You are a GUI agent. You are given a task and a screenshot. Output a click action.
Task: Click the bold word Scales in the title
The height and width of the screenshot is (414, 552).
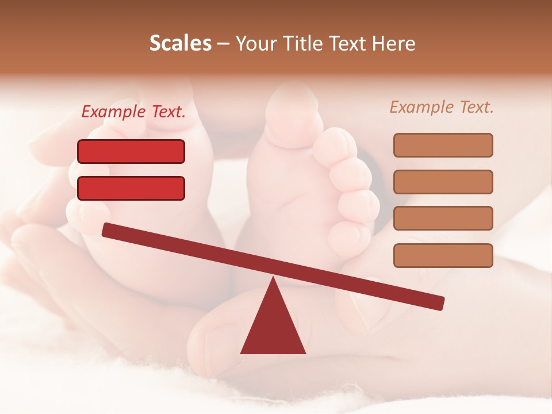pyautogui.click(x=180, y=44)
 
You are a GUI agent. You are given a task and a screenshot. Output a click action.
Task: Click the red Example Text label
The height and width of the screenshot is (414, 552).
pyautogui.click(x=133, y=112)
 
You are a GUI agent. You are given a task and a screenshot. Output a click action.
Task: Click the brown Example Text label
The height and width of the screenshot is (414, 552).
pyautogui.click(x=442, y=107)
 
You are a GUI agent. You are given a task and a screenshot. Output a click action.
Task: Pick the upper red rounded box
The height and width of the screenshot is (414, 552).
pyautogui.click(x=131, y=152)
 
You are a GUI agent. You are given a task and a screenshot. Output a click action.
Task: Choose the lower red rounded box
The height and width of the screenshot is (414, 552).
pyautogui.click(x=131, y=188)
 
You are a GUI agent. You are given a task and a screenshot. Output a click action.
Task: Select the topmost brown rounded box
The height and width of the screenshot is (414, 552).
pyautogui.click(x=443, y=145)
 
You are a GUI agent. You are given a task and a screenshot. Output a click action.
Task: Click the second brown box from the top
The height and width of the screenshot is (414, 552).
pyautogui.click(x=443, y=182)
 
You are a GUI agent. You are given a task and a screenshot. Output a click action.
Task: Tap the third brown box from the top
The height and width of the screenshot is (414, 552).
pyautogui.click(x=443, y=218)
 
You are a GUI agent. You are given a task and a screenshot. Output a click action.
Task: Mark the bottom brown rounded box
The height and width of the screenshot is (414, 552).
pyautogui.click(x=443, y=255)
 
